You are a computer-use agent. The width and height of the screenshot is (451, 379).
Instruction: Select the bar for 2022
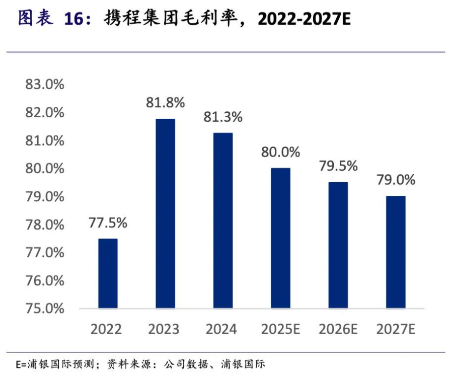(108, 273)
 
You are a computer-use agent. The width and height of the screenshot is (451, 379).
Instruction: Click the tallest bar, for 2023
(166, 213)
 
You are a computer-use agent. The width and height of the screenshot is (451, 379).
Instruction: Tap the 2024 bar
(223, 220)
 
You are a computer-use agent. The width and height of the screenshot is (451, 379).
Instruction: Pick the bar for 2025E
(280, 238)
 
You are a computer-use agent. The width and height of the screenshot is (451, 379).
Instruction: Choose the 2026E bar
(338, 245)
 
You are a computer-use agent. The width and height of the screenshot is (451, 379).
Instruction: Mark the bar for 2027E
(396, 252)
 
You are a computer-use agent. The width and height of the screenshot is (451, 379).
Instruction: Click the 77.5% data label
(108, 222)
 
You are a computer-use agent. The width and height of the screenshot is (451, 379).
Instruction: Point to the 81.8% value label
(166, 103)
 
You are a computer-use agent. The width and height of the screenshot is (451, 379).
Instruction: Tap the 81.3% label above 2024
(223, 117)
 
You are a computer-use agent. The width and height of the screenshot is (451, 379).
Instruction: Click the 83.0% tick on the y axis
(45, 85)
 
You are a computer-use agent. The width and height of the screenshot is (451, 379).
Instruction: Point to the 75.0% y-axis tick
(45, 308)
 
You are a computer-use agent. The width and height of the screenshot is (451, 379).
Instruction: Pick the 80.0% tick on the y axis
(45, 169)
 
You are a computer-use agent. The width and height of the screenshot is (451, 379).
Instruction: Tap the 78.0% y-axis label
(45, 224)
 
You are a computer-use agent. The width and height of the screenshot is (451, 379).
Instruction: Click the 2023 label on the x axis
(164, 330)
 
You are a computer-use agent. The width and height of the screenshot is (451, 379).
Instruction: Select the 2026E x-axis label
(338, 330)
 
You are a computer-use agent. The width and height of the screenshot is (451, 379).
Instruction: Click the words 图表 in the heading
(35, 19)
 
